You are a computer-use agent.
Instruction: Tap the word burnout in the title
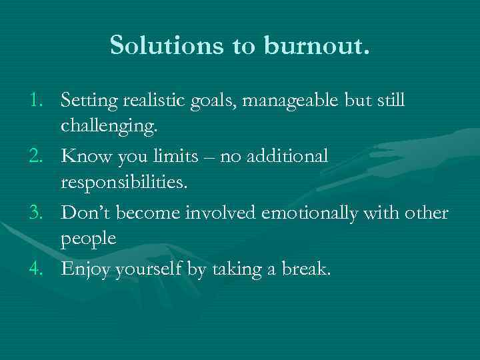[314, 45]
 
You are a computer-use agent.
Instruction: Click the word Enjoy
[85, 269]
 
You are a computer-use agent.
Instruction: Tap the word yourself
[151, 269]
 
